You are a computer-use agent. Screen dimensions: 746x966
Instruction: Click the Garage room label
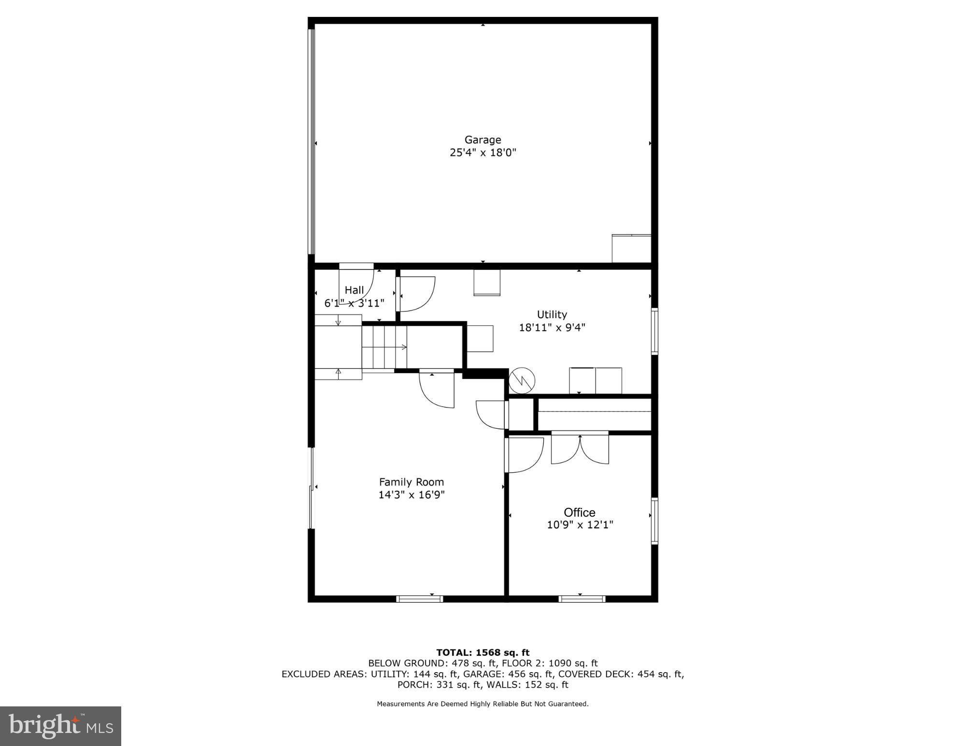(483, 140)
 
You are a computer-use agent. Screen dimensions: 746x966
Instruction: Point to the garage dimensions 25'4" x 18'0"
(483, 153)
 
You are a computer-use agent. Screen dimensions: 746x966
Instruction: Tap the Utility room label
(552, 314)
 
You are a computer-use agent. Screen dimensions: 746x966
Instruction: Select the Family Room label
(411, 482)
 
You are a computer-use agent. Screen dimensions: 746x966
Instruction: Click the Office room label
(579, 512)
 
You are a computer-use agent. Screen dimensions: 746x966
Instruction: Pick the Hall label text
(354, 290)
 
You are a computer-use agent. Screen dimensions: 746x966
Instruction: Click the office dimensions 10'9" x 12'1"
(580, 525)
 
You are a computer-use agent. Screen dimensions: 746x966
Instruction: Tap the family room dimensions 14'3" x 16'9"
(411, 495)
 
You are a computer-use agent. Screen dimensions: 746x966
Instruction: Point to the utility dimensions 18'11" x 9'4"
(552, 327)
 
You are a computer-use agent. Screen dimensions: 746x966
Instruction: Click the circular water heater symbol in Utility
(522, 380)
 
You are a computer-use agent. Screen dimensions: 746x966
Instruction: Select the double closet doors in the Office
(580, 449)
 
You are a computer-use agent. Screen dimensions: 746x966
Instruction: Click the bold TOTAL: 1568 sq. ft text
(483, 653)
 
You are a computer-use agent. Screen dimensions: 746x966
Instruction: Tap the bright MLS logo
(60, 726)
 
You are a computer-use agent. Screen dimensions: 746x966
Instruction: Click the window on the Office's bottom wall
(582, 599)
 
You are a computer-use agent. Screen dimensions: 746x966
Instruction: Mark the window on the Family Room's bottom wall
(419, 599)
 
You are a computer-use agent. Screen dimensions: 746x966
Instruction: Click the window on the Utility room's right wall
(654, 331)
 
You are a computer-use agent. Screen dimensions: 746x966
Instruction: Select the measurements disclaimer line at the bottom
(483, 704)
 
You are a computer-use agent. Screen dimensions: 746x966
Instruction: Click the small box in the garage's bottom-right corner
(631, 249)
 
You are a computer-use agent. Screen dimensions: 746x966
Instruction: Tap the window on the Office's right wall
(654, 521)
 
